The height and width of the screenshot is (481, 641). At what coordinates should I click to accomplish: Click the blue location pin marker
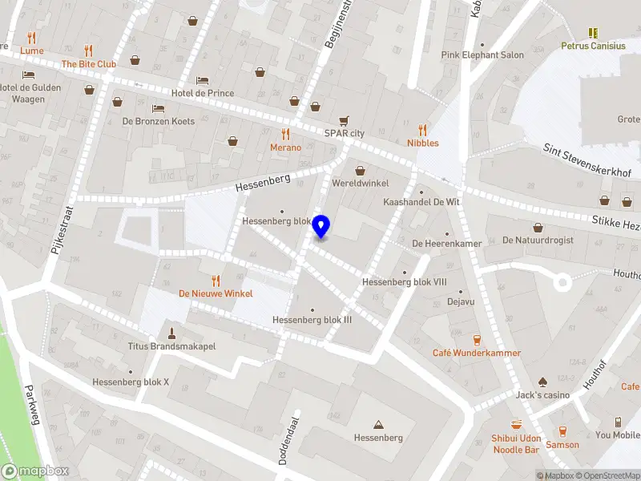[321, 227]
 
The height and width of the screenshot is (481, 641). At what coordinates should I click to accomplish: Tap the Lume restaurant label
[32, 51]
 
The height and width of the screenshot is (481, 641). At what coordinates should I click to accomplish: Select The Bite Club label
[89, 63]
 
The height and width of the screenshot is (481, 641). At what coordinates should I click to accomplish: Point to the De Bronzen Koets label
[158, 121]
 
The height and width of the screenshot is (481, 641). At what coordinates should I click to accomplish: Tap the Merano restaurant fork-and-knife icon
[285, 134]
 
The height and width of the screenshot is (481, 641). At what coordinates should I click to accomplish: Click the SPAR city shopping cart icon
[344, 120]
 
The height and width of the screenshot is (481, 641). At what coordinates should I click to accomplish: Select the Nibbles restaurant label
[422, 143]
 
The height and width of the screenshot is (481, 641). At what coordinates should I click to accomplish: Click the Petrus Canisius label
[593, 46]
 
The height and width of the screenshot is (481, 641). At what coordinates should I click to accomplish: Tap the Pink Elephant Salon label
[482, 55]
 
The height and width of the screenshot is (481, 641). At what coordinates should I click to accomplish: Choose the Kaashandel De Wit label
[421, 203]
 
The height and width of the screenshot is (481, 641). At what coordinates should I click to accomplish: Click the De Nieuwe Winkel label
[216, 293]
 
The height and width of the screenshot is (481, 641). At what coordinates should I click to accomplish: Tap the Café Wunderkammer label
[477, 353]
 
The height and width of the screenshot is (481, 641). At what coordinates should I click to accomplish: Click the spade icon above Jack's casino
[542, 382]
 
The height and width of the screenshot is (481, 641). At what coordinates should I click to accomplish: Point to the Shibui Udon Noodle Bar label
[516, 444]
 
